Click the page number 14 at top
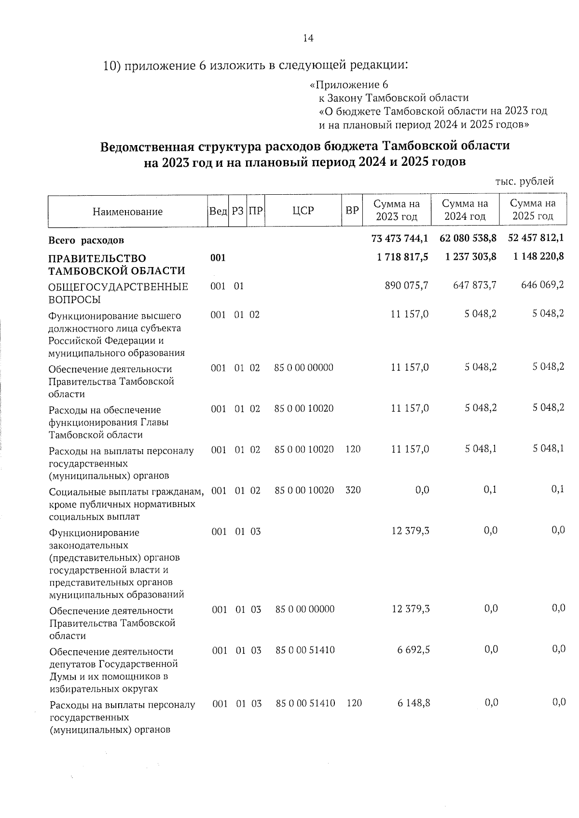(308, 38)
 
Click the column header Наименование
(127, 212)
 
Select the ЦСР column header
(303, 211)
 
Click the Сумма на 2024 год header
(465, 210)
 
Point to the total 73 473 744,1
(400, 238)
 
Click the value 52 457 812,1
(536, 238)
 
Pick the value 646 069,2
(542, 285)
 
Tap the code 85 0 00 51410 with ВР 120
(305, 703)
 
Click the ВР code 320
(353, 490)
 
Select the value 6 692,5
(414, 650)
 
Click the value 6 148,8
(414, 703)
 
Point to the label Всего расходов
(86, 240)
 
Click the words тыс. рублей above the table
(524, 182)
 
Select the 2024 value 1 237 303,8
(468, 257)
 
